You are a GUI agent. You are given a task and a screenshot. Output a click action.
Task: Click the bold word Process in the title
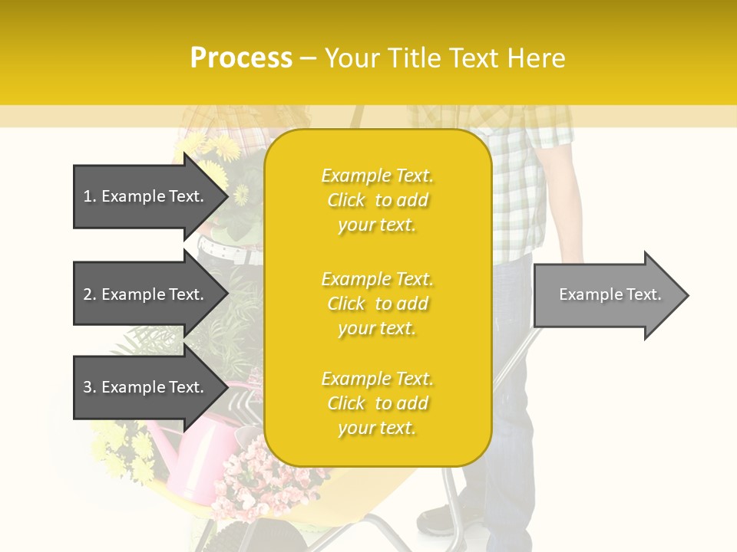pyautogui.click(x=241, y=58)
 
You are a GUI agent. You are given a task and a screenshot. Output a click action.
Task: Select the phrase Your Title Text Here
pyautogui.click(x=445, y=58)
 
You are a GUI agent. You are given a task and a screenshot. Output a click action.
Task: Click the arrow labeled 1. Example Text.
pyautogui.click(x=146, y=196)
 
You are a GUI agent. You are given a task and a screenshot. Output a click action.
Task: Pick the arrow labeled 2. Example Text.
pyautogui.click(x=146, y=294)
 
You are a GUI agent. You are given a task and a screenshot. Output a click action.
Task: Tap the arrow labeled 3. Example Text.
pyautogui.click(x=146, y=387)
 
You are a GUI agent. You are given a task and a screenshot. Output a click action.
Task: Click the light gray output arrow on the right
pyautogui.click(x=606, y=295)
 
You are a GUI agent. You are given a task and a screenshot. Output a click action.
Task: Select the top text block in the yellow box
pyautogui.click(x=377, y=200)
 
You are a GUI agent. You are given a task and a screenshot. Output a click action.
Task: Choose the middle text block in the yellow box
pyautogui.click(x=377, y=304)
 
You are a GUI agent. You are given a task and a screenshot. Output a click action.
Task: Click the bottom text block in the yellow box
pyautogui.click(x=377, y=403)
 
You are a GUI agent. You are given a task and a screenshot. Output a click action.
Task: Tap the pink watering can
pyautogui.click(x=196, y=460)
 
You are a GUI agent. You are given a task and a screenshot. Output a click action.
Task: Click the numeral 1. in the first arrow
pyautogui.click(x=90, y=196)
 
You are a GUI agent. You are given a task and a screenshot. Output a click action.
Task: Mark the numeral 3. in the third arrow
pyautogui.click(x=90, y=387)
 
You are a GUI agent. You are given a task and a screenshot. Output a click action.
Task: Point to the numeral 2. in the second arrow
pyautogui.click(x=90, y=294)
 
